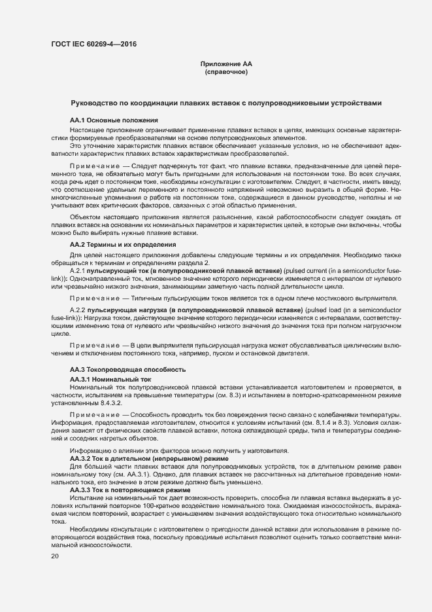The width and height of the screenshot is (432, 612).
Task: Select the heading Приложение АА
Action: pos(225,63)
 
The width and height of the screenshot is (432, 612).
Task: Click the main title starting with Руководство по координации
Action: pos(224,103)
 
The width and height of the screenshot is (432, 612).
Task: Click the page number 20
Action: pos(54,556)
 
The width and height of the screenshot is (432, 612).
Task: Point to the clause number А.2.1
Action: pos(78,270)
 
